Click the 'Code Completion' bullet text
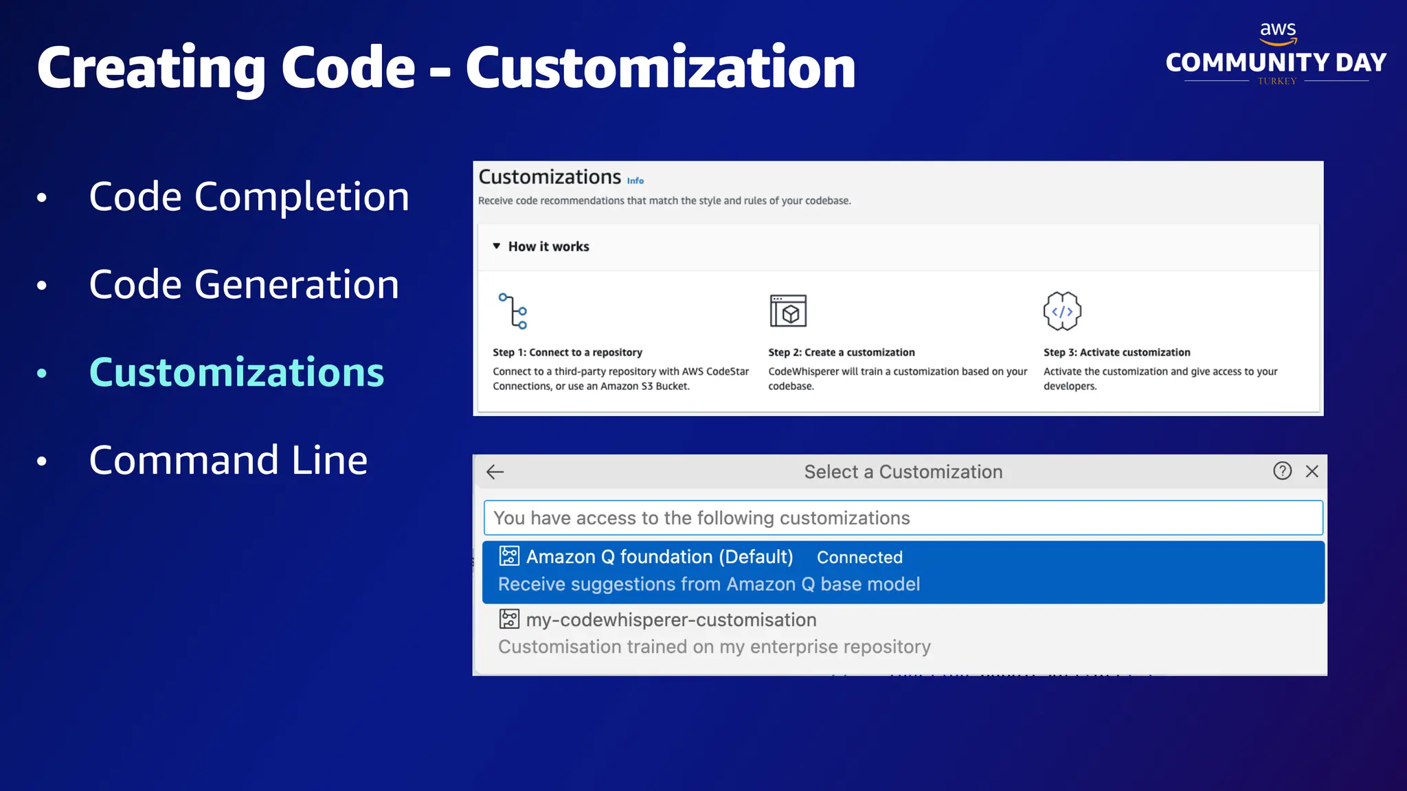(249, 197)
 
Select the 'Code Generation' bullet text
(244, 285)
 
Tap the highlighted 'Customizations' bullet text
(236, 373)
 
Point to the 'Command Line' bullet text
(228, 460)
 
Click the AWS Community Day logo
(1276, 55)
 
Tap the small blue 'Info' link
(635, 181)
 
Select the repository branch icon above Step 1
(513, 311)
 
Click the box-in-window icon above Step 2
(788, 311)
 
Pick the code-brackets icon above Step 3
(1062, 311)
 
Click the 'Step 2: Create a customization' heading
(842, 352)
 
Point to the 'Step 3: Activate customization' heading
(1117, 352)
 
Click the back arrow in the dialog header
(495, 472)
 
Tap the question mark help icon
(1282, 471)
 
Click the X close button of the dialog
(1312, 471)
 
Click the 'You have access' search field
(903, 518)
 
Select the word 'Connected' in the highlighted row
(859, 558)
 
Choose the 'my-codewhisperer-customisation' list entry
(671, 620)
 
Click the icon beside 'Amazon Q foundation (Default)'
(509, 556)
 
